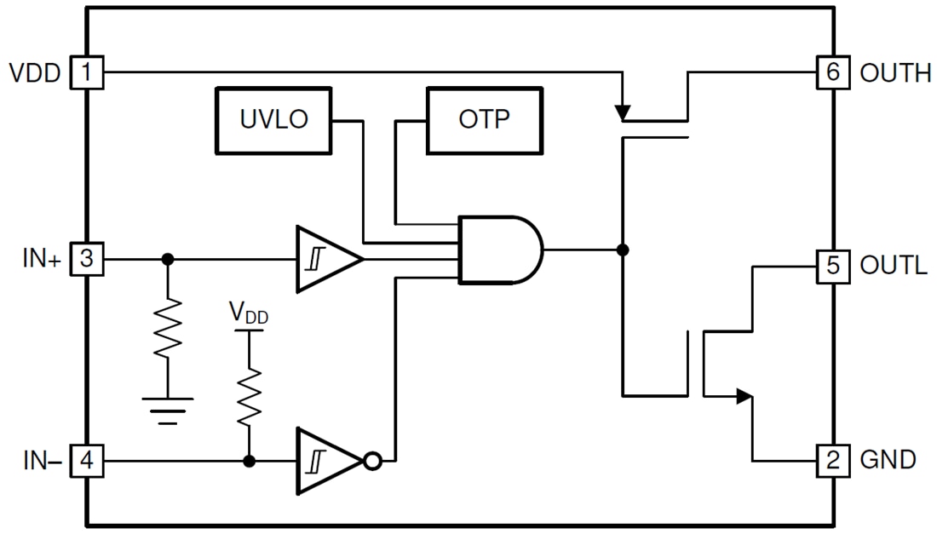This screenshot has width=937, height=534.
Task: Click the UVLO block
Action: (274, 119)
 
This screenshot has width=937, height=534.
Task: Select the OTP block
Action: (484, 119)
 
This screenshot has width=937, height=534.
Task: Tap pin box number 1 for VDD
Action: (86, 72)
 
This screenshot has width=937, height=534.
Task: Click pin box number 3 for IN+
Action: (86, 259)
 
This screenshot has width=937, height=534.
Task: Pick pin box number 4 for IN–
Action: (86, 462)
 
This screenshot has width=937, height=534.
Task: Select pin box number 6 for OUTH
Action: (832, 72)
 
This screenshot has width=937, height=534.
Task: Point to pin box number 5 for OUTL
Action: (832, 266)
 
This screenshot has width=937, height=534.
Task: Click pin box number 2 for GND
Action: (832, 461)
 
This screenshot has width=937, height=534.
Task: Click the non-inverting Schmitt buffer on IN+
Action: (323, 259)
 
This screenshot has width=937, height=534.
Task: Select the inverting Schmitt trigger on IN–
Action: (324, 462)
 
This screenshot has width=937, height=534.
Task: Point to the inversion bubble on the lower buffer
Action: (372, 462)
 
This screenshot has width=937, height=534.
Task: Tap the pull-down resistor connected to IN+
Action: (168, 328)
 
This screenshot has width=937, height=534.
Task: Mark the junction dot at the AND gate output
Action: (623, 250)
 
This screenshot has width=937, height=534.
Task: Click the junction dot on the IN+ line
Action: (168, 259)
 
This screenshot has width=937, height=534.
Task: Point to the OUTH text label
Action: (895, 73)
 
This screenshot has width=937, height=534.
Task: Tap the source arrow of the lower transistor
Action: (744, 395)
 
